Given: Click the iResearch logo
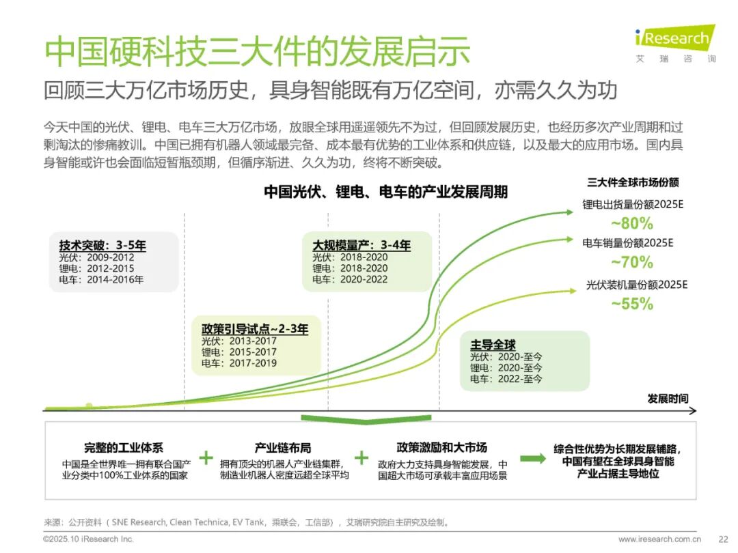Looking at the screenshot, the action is (675, 43).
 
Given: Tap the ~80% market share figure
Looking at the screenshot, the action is (632, 223).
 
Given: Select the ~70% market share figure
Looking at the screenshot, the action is (632, 261).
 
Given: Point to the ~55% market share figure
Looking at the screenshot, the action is (632, 304).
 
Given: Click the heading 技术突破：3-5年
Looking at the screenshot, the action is (102, 245).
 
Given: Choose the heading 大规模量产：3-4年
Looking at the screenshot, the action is (361, 245).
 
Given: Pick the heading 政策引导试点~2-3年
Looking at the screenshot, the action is (255, 328).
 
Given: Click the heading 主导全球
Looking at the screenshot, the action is (493, 345).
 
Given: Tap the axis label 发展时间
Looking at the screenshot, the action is (668, 399).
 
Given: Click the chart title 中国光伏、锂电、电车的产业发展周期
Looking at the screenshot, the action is (385, 192).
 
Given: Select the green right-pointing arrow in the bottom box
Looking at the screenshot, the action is (533, 459).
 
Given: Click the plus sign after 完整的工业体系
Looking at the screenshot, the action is (206, 457).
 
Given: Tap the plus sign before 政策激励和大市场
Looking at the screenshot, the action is (361, 457).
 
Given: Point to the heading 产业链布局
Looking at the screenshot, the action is (283, 448).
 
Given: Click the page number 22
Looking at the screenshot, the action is (724, 539).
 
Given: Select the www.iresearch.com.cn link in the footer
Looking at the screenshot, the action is (660, 539).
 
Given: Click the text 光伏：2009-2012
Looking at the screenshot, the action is (96, 257).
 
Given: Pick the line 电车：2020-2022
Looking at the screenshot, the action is (350, 279).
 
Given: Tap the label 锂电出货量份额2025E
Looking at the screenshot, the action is (633, 205).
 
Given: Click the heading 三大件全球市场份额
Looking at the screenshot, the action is (633, 182).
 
